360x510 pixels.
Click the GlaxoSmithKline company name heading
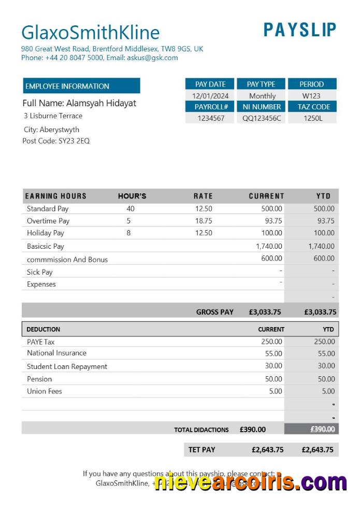pyautogui.click(x=90, y=32)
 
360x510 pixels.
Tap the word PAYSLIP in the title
pyautogui.click(x=300, y=30)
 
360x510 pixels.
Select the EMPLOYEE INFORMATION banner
pyautogui.click(x=81, y=86)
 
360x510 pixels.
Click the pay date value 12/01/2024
pyautogui.click(x=210, y=96)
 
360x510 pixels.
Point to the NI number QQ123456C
pyautogui.click(x=262, y=118)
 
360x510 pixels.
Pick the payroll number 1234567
pyautogui.click(x=211, y=118)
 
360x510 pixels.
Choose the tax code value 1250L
pyautogui.click(x=313, y=118)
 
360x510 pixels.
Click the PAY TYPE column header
pyautogui.click(x=261, y=84)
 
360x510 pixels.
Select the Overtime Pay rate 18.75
pyautogui.click(x=204, y=221)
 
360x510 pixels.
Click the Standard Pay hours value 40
pyautogui.click(x=130, y=209)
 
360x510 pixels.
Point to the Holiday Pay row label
pyautogui.click(x=46, y=233)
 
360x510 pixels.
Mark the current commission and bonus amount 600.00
pyautogui.click(x=271, y=258)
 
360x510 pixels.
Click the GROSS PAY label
pyautogui.click(x=214, y=312)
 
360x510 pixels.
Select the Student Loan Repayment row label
pyautogui.click(x=67, y=366)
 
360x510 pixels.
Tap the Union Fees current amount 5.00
pyautogui.click(x=276, y=391)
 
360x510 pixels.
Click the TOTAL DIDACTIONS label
pyautogui.click(x=201, y=430)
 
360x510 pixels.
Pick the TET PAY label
pyautogui.click(x=201, y=449)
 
